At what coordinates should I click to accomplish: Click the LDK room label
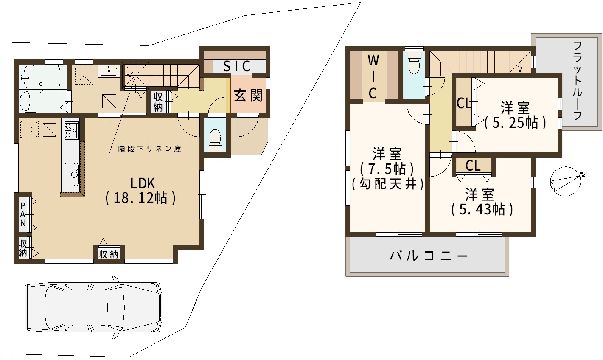tap(143, 184)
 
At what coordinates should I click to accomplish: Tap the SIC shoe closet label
tap(237, 66)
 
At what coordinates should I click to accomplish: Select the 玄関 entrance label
tap(248, 95)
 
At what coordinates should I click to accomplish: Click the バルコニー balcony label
tap(429, 256)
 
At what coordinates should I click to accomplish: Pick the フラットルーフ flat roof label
tap(578, 81)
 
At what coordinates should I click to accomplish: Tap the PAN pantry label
tap(23, 215)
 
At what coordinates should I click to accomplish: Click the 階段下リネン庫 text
tap(150, 149)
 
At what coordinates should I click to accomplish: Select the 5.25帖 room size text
tap(515, 123)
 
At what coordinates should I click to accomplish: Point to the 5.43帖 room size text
tap(482, 209)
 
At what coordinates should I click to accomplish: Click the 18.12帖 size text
tap(140, 198)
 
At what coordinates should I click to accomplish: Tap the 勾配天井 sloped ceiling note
tap(388, 184)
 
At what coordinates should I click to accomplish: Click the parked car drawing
tap(93, 307)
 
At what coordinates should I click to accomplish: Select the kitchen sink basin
tap(72, 174)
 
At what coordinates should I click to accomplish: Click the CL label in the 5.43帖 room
tap(473, 166)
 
